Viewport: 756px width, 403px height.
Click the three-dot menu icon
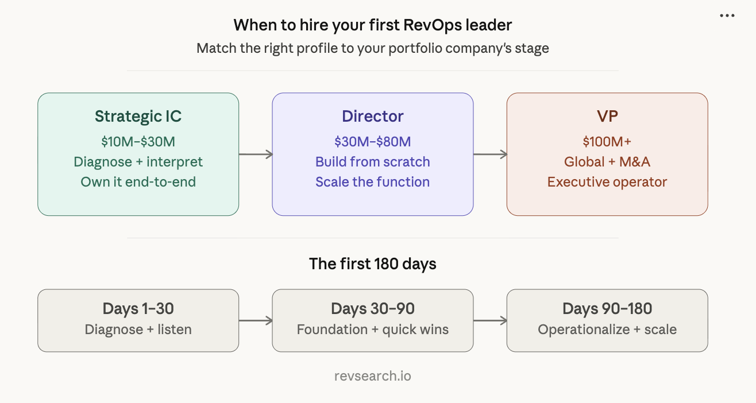[x=727, y=16]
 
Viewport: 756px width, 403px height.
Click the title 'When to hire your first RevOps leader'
[x=372, y=25]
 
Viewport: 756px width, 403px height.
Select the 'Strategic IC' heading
[x=138, y=117]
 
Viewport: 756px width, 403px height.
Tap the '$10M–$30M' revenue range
[x=138, y=142]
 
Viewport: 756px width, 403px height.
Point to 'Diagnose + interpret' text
[x=138, y=162]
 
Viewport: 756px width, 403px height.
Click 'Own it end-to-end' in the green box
[x=138, y=182]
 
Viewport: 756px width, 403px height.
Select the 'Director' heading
[x=372, y=117]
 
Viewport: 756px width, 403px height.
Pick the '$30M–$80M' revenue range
[x=372, y=142]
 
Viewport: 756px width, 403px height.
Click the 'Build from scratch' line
[x=372, y=162]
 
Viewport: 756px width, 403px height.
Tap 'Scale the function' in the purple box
[x=372, y=182]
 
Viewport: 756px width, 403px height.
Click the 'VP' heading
[x=607, y=117]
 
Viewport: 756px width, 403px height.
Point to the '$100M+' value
[x=607, y=142]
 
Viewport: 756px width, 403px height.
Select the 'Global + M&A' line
[x=607, y=162]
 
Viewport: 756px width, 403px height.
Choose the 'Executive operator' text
[x=607, y=182]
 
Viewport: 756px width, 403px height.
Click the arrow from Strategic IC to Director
[x=256, y=154]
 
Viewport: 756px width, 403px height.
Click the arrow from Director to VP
[x=490, y=154]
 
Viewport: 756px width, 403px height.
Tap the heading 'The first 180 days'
[x=372, y=264]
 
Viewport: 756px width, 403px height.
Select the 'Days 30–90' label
[x=372, y=309]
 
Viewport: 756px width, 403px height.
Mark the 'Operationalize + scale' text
[x=607, y=330]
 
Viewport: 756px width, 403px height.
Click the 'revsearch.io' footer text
[x=372, y=377]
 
